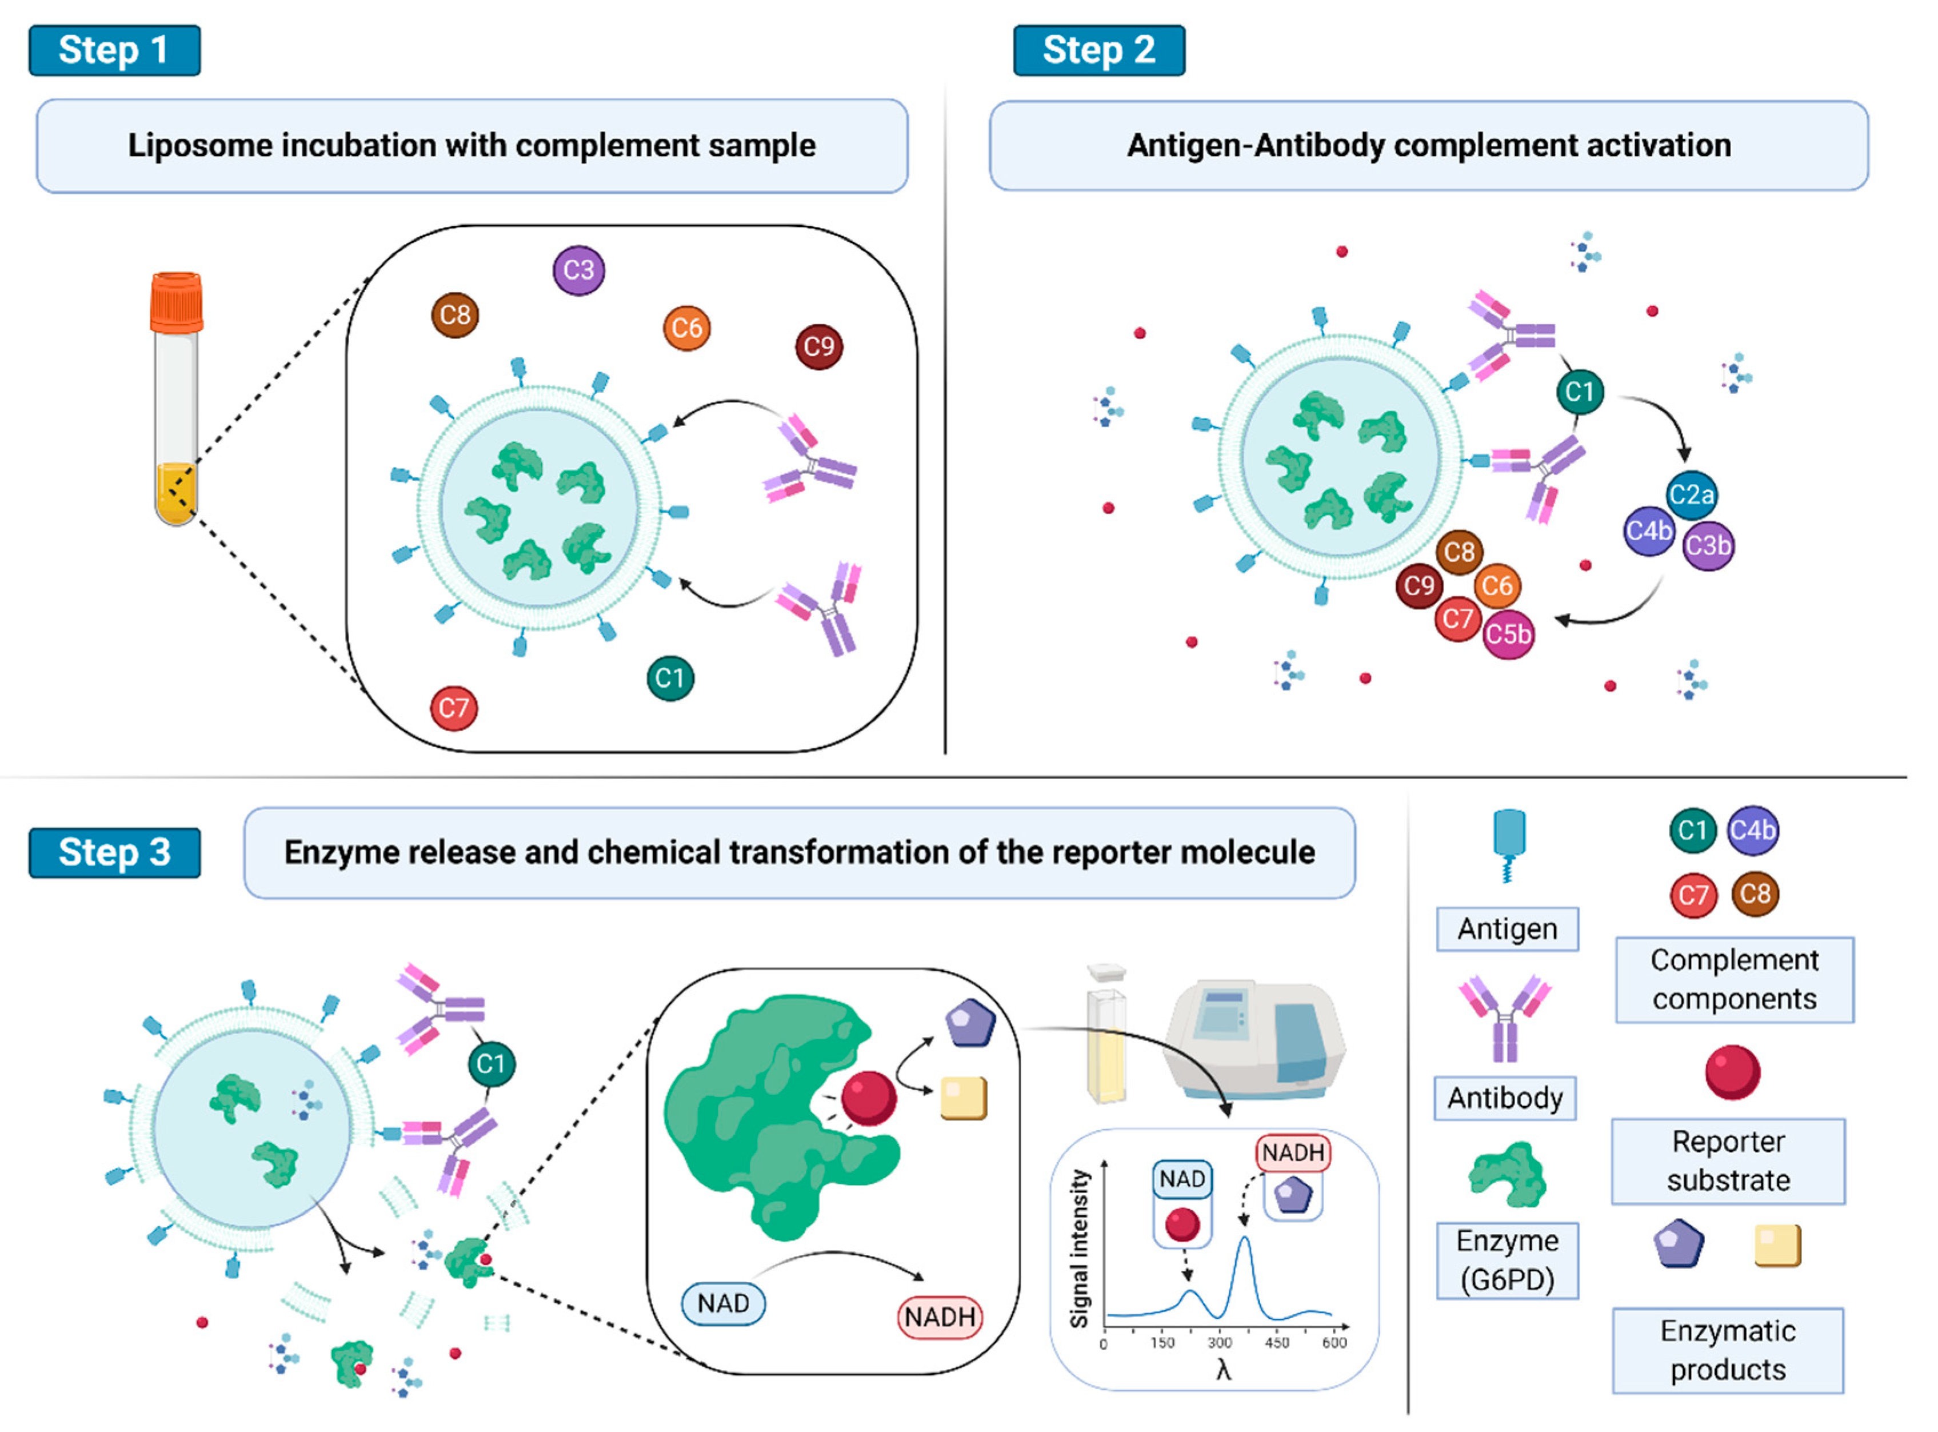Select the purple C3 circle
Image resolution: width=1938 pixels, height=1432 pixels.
[x=578, y=270]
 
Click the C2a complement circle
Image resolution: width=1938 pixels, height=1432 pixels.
[x=1691, y=495]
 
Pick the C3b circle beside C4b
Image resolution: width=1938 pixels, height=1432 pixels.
[x=1708, y=545]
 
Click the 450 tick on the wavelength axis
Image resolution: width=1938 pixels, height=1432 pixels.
[x=1277, y=1343]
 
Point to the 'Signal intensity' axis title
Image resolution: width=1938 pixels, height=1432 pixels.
[x=1079, y=1249]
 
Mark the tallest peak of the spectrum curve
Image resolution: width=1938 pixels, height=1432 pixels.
[x=1245, y=1239]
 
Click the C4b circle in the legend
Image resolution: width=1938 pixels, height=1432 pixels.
[x=1752, y=831]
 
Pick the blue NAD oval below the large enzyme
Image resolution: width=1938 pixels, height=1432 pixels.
[x=723, y=1304]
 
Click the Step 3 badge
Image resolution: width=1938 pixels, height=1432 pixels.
[x=114, y=853]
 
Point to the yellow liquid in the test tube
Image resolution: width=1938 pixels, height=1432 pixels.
[x=176, y=494]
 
